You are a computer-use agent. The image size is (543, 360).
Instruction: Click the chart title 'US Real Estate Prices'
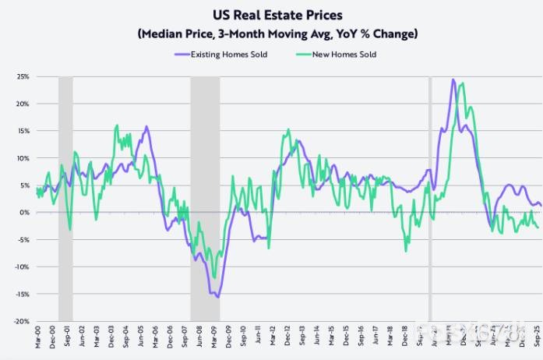pyautogui.click(x=271, y=14)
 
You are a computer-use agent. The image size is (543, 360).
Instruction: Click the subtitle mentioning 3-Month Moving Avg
pyautogui.click(x=271, y=34)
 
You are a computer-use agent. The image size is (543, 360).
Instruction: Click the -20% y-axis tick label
pyautogui.click(x=21, y=321)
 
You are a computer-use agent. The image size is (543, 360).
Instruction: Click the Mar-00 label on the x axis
pyautogui.click(x=37, y=338)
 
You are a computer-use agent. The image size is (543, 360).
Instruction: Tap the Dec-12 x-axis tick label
pyautogui.click(x=287, y=338)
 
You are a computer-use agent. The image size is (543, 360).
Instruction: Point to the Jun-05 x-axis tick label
pyautogui.click(x=140, y=338)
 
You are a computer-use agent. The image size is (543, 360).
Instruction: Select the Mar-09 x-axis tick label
pyautogui.click(x=214, y=338)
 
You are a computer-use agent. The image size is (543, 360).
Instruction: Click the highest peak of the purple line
pyautogui.click(x=453, y=79)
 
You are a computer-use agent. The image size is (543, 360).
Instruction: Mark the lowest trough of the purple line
pyautogui.click(x=217, y=297)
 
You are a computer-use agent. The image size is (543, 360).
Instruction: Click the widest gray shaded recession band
pyautogui.click(x=205, y=195)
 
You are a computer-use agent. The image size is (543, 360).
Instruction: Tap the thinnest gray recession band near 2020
pyautogui.click(x=430, y=195)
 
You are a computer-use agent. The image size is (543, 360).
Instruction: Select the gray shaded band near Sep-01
pyautogui.click(x=65, y=195)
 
